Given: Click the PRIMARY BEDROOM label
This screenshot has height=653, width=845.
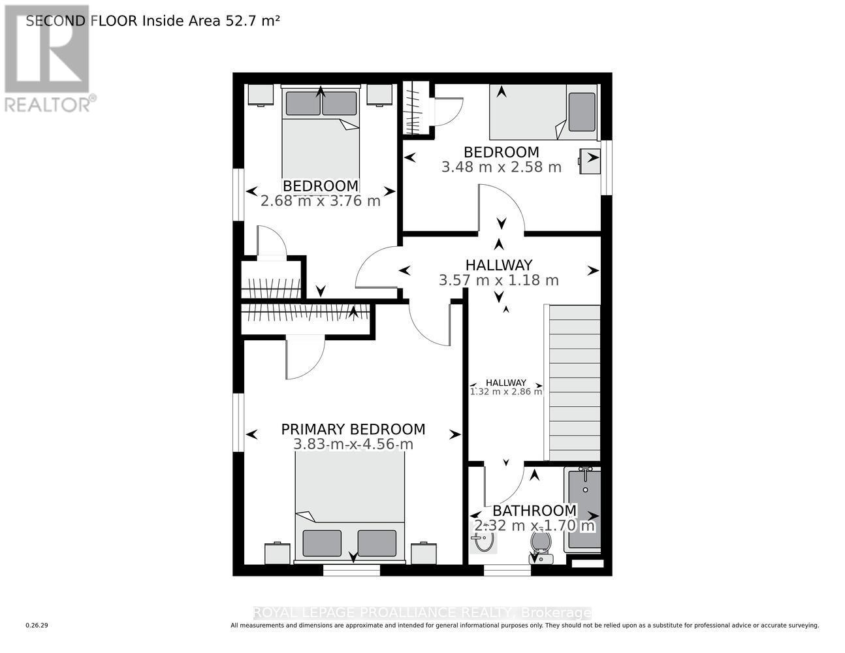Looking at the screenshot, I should tap(353, 429).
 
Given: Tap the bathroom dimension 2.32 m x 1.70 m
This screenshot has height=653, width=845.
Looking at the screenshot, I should tap(534, 526).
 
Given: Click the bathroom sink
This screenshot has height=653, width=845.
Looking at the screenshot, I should tap(482, 540).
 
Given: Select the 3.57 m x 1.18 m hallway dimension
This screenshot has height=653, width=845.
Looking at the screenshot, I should tap(499, 281).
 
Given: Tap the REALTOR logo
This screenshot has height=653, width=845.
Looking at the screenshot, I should tap(49, 59).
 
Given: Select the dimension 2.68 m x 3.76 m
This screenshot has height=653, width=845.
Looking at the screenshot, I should tap(320, 201).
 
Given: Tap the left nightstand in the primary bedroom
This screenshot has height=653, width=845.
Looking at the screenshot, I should tap(277, 553).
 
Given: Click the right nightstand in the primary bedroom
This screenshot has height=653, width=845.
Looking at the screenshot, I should tap(423, 553).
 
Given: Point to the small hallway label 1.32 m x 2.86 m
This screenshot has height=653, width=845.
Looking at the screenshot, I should tap(506, 392).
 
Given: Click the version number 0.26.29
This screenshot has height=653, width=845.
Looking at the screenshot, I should tap(37, 626).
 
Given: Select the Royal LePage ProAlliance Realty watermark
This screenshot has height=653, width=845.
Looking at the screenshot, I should tap(422, 613).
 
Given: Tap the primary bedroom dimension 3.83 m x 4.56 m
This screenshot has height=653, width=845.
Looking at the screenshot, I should tap(353, 445).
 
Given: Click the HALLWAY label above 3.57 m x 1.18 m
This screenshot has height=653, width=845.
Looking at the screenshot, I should tap(499, 265).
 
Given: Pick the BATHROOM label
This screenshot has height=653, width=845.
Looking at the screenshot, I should tap(534, 511).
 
